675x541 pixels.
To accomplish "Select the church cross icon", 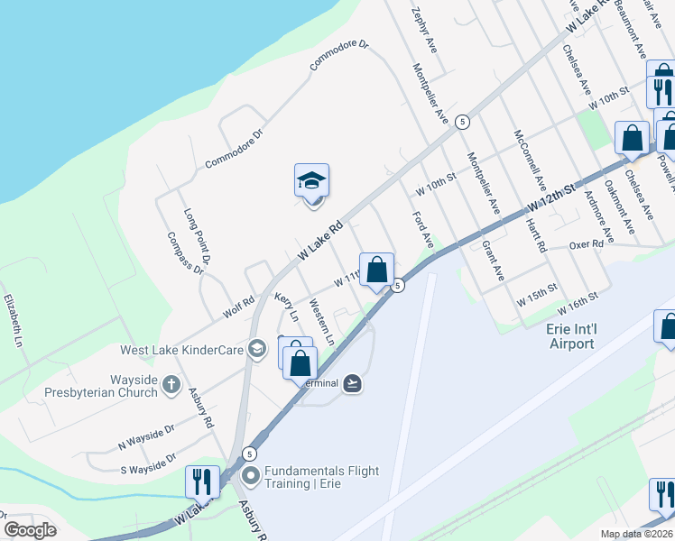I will [x=171, y=386].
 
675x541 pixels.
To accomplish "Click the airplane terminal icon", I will [x=352, y=383].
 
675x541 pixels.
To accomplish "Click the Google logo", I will [x=30, y=529].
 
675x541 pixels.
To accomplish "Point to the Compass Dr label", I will [x=185, y=252].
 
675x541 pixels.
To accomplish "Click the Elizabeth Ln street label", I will [x=12, y=320].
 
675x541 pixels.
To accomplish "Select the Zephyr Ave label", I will [x=424, y=31].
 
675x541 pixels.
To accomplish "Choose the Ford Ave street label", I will [x=423, y=231].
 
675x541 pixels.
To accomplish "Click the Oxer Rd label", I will [x=585, y=245].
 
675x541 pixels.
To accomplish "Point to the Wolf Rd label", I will [x=239, y=307].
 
